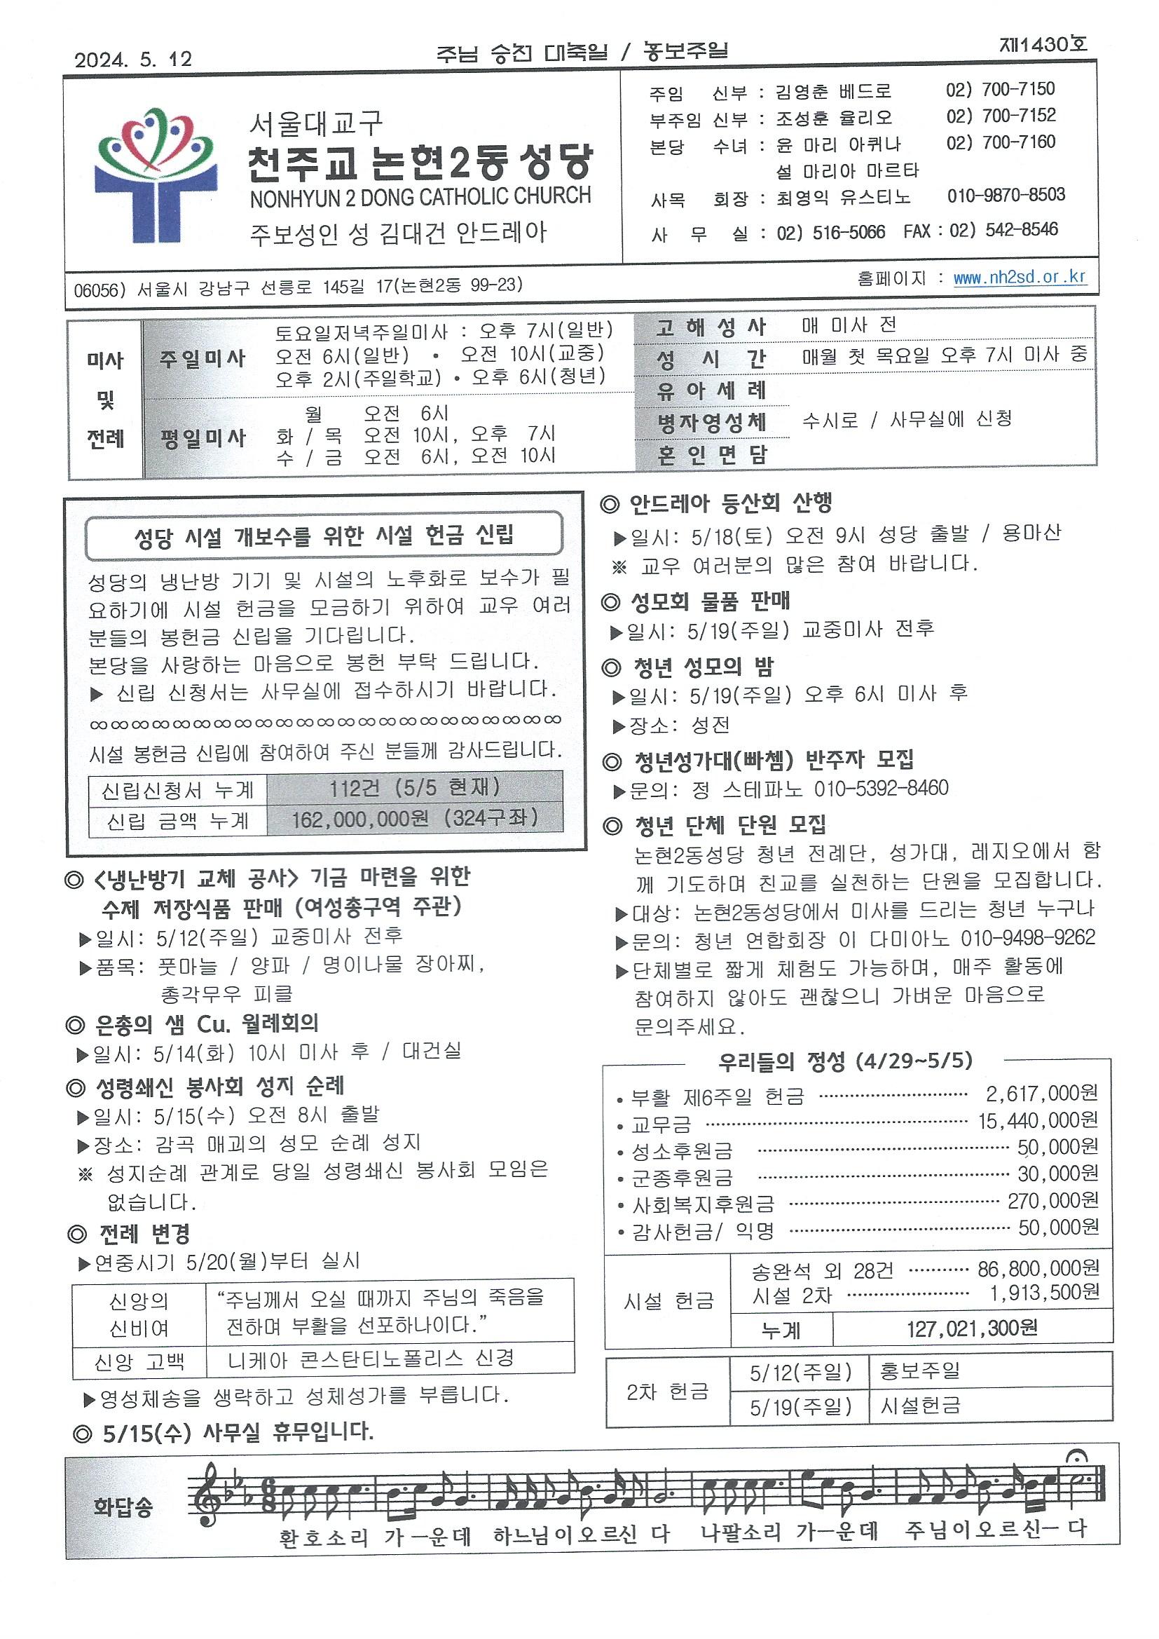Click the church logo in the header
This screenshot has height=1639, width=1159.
154,175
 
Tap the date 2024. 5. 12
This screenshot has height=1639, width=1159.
133,60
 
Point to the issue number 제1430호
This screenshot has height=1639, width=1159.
1043,45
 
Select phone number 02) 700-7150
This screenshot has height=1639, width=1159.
1000,89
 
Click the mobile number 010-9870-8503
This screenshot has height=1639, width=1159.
1006,195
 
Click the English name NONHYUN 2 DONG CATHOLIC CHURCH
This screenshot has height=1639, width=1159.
420,197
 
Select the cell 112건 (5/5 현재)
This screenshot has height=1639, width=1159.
415,788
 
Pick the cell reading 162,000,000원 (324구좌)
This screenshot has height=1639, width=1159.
415,819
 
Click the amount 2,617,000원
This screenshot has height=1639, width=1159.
1041,1094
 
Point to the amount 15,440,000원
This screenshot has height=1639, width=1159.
1038,1121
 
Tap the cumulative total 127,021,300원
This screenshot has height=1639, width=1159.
972,1328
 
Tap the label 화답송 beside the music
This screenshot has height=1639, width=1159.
123,1508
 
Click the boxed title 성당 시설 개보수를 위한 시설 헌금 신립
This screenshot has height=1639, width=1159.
324,536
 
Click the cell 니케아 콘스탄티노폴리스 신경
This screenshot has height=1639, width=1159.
371,1359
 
